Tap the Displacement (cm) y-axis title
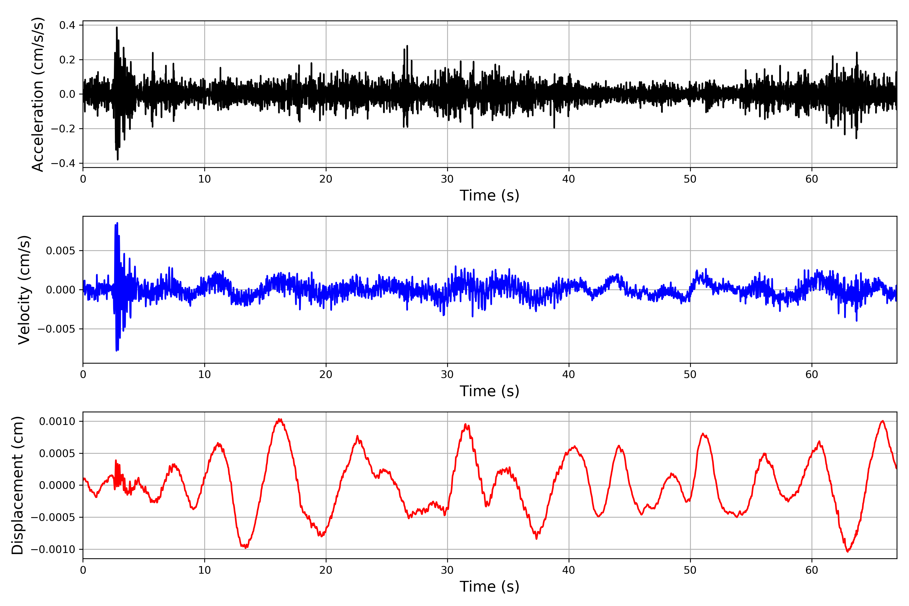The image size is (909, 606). [x=17, y=485]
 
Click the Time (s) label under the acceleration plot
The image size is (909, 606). [x=489, y=195]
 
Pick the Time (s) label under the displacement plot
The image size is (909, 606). [x=489, y=587]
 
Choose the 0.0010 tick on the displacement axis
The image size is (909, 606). [x=57, y=421]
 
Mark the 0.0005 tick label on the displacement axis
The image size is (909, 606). [x=57, y=453]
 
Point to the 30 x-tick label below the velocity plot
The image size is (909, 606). [x=447, y=374]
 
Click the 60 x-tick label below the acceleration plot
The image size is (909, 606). [x=812, y=179]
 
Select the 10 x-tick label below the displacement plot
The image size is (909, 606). [x=205, y=570]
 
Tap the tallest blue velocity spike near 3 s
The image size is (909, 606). [x=117, y=223]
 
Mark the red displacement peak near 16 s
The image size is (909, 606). [x=280, y=419]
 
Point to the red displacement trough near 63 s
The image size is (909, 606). [x=848, y=551]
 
